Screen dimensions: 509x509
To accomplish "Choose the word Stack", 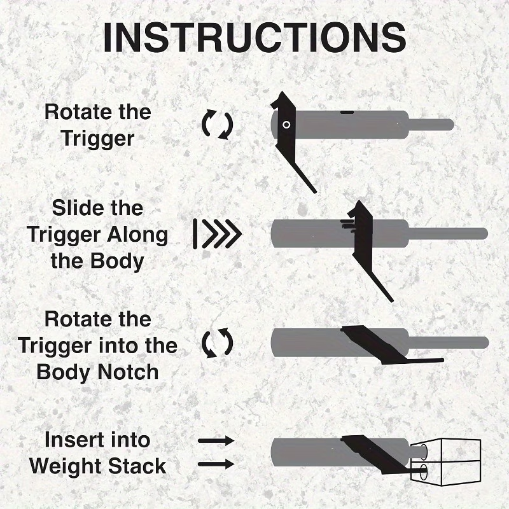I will [x=139, y=466].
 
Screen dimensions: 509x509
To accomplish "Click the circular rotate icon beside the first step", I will [x=218, y=124].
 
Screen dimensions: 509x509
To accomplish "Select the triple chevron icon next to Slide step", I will [x=218, y=234].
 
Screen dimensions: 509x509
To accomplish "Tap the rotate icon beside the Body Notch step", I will [x=218, y=344].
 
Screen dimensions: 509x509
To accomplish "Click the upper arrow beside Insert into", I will [x=216, y=440].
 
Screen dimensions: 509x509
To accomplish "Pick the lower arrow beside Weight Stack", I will [x=216, y=464].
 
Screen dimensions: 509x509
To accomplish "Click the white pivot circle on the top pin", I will [x=286, y=125].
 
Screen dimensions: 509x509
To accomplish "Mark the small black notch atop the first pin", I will [x=347, y=111].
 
